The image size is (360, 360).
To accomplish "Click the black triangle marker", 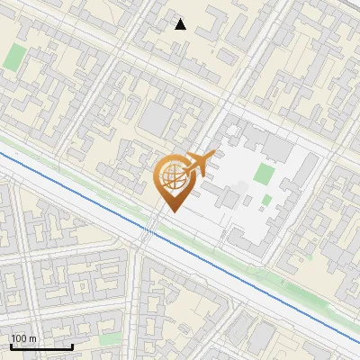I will pos(181,24).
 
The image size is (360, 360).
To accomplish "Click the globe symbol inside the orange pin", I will pos(172,179).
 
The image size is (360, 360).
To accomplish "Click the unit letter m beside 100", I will pos(32,338).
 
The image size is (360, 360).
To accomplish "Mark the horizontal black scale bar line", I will pos(41,346).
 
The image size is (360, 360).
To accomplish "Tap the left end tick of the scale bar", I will pos(11,345).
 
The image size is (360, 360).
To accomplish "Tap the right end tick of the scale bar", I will pos(72,345).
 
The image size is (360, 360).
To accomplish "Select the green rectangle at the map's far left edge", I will pos(14,57).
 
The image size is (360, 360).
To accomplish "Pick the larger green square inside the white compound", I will pos(264,173).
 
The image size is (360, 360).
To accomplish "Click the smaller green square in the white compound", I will pos(266,200).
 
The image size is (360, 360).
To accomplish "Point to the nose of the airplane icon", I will pos(215,157).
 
